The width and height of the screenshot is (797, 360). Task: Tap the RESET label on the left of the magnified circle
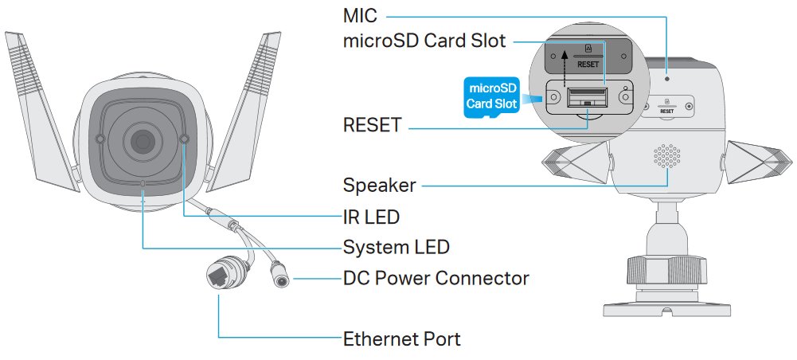(372, 125)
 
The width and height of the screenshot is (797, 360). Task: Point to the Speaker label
(379, 186)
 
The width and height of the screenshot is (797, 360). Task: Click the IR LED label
(371, 216)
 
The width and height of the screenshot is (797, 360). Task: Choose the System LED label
(396, 247)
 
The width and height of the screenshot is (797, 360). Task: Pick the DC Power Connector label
(436, 278)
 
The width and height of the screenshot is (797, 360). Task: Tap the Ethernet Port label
(401, 338)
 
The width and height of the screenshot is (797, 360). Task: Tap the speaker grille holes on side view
(668, 156)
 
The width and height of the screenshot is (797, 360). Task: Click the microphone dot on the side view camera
(667, 78)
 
